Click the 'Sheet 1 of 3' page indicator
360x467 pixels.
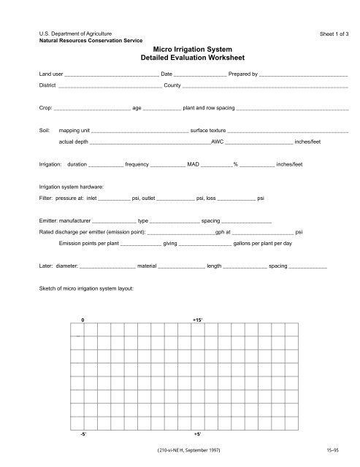point(332,34)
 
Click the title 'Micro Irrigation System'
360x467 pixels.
point(180,47)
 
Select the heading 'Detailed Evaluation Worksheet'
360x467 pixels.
point(180,56)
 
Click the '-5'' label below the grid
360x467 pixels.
point(83,432)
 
